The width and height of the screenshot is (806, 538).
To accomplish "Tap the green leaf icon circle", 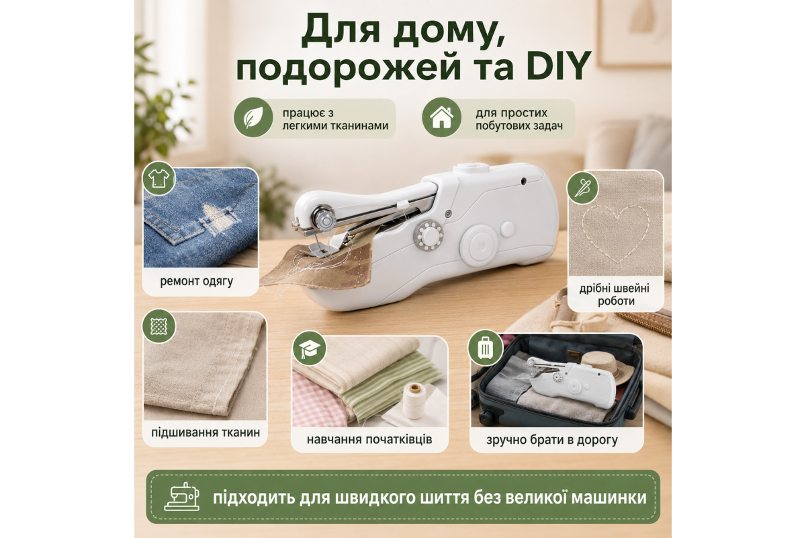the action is pyautogui.click(x=253, y=117).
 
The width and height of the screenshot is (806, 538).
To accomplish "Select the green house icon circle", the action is pyautogui.click(x=441, y=117).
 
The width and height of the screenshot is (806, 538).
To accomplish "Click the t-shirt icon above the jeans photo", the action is pyautogui.click(x=159, y=178).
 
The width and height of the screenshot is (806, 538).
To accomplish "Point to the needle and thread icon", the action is pyautogui.click(x=582, y=188).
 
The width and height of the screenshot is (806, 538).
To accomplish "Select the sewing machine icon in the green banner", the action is pyautogui.click(x=182, y=496).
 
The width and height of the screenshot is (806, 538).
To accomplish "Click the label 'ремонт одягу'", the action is pyautogui.click(x=196, y=281).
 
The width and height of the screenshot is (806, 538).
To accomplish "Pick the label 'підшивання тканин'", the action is pyautogui.click(x=206, y=432).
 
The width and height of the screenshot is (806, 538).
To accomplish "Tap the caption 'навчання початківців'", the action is pyautogui.click(x=369, y=440).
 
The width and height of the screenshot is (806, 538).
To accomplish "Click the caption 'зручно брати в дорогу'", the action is pyautogui.click(x=552, y=440).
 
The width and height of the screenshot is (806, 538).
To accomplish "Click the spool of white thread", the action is pyautogui.click(x=414, y=400).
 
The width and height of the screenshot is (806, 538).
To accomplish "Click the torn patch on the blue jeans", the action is pyautogui.click(x=219, y=219).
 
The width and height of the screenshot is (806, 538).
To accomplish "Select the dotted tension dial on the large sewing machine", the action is pyautogui.click(x=429, y=236).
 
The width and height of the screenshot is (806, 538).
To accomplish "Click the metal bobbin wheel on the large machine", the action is pyautogui.click(x=324, y=218).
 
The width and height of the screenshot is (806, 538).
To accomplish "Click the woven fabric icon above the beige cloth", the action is pyautogui.click(x=159, y=326).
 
